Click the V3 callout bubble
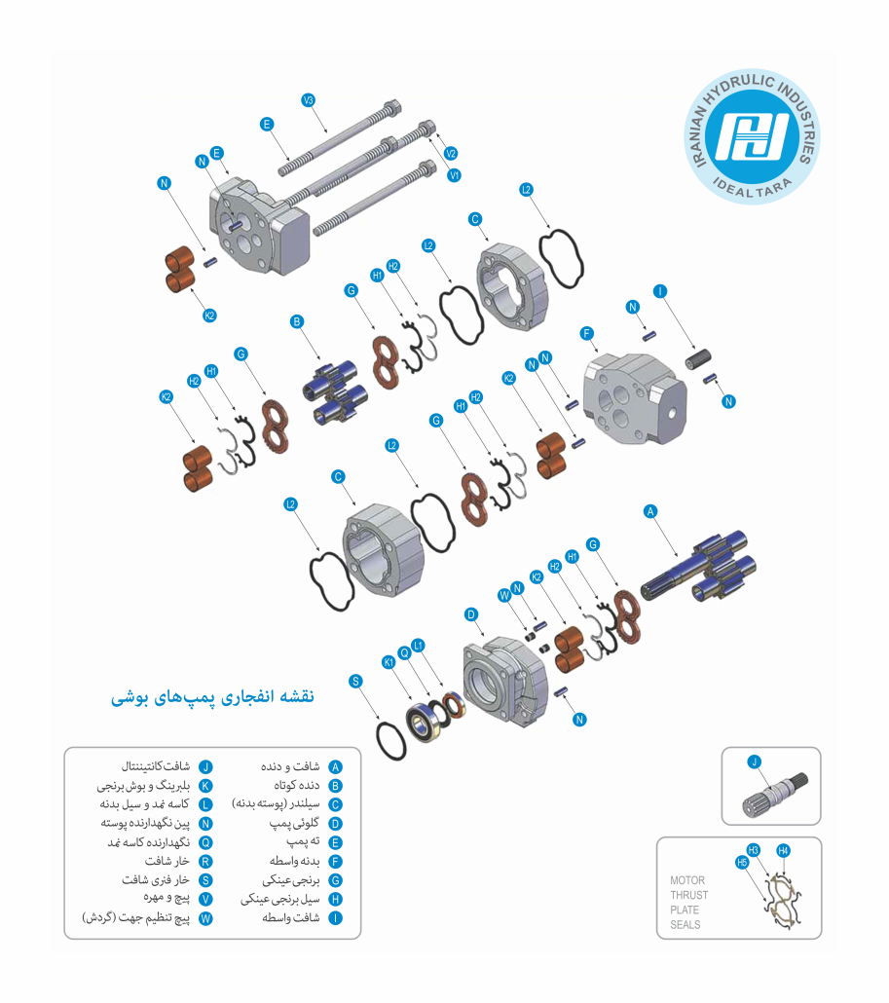point(309,100)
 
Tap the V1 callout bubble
point(454,175)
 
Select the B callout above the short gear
point(296,321)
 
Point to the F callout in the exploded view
point(586,333)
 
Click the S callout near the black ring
point(355,682)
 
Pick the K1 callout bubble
point(389,662)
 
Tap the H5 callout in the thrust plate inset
point(742,862)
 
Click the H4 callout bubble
point(783,851)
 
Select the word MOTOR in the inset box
point(687,880)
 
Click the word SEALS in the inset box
point(685,924)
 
